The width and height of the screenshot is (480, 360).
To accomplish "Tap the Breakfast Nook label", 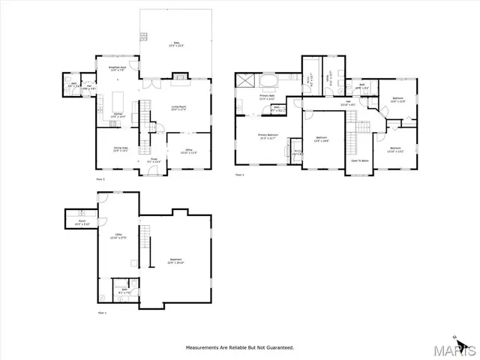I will [x=118, y=69].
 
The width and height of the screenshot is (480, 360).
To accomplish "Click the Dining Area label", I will [x=120, y=149].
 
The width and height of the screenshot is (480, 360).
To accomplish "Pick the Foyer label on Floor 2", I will [x=151, y=160].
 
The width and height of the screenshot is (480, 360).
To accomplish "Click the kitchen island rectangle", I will [x=118, y=99].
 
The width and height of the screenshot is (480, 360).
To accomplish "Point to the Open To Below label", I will [x=358, y=160].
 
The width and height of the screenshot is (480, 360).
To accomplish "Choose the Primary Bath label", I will [x=267, y=97].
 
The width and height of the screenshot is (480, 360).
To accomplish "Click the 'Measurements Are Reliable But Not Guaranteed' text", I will [x=240, y=348].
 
